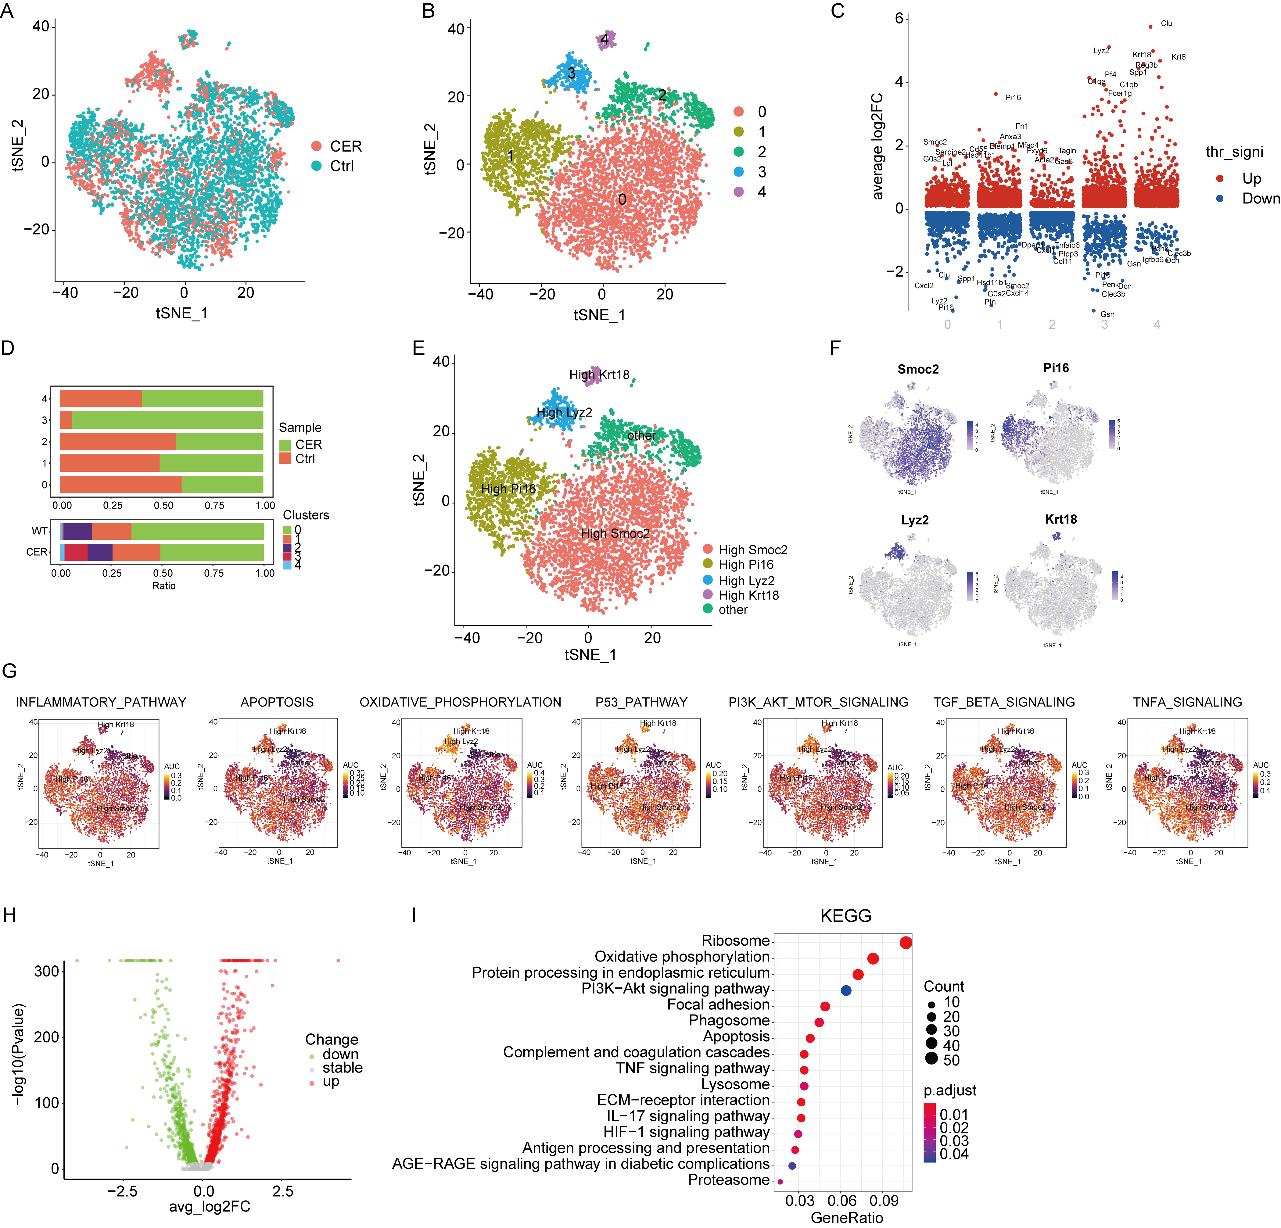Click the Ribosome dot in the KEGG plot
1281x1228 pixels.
coord(905,942)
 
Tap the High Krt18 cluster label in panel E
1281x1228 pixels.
coord(599,374)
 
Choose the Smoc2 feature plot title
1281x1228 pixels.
coord(918,369)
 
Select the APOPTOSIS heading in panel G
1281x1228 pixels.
coord(277,702)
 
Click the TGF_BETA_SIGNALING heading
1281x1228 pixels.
coord(1004,702)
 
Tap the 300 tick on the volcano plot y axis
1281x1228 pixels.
coord(46,971)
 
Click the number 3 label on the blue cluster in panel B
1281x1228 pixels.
coord(571,73)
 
